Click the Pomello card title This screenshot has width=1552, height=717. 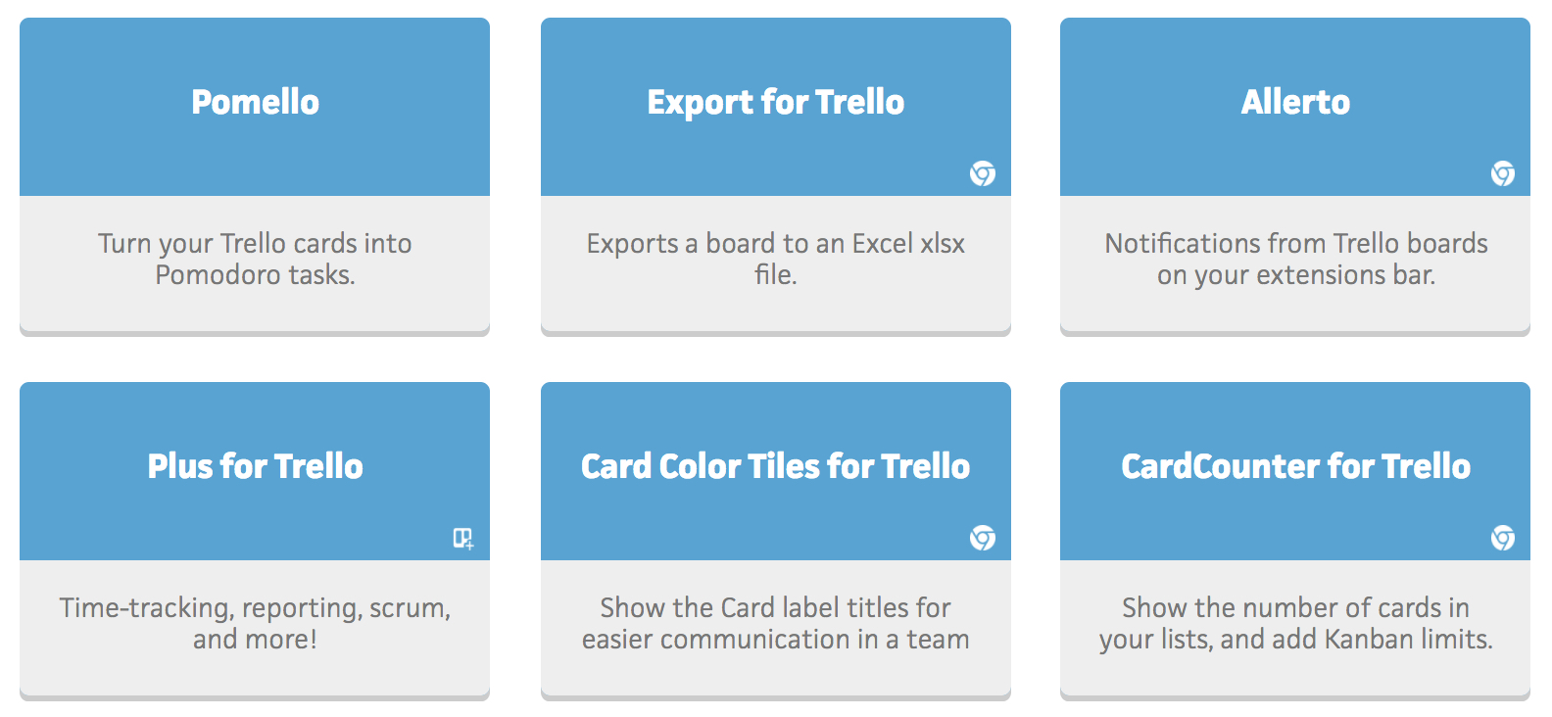coord(255,102)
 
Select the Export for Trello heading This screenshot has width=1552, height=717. coord(775,103)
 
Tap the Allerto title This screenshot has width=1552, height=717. coord(1295,102)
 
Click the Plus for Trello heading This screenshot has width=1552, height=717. coord(255,466)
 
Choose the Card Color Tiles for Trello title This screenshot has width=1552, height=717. coord(775,466)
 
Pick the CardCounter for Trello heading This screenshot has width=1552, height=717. coord(1295,466)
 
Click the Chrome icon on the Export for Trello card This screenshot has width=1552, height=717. coord(983,173)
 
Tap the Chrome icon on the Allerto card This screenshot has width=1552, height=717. coord(1503,173)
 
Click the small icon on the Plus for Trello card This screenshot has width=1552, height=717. coord(463,539)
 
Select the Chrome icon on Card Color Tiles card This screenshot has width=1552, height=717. coord(983,538)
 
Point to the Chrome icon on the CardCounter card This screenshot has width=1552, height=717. coord(1503,538)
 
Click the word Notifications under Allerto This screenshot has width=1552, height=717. coord(1183,244)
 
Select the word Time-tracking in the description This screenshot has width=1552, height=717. coord(145,609)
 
